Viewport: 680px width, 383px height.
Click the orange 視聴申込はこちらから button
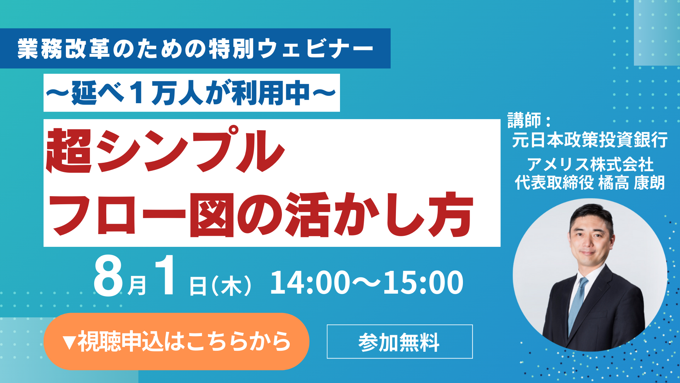176,341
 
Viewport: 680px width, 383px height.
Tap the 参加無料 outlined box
399,342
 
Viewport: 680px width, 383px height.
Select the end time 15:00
423,283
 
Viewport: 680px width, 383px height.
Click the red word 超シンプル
165,150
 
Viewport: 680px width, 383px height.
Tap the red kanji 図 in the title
212,215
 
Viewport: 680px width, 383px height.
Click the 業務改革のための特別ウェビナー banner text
195,49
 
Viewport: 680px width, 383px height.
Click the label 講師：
529,120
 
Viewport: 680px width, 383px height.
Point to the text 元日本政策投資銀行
590,139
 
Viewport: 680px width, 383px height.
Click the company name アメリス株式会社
590,164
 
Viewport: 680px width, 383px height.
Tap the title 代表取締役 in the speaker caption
554,183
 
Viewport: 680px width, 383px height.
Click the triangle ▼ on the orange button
69,342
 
